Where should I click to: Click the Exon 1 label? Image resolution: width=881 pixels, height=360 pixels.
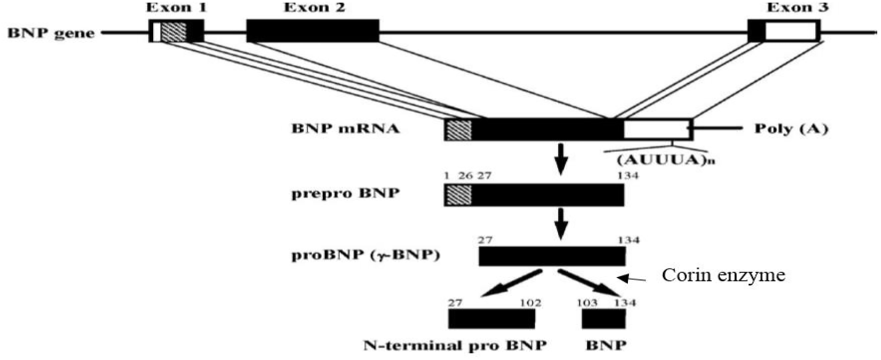[x=176, y=7]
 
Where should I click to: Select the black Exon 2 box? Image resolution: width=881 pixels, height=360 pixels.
[x=313, y=31]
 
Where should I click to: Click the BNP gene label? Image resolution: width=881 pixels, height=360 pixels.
[x=51, y=33]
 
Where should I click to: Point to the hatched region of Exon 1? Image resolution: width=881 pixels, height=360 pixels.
[x=174, y=31]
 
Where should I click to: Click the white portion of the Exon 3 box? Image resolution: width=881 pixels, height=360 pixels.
[x=791, y=31]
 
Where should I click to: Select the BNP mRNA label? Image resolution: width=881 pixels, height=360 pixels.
[x=345, y=129]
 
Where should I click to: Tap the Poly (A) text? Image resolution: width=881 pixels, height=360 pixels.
[x=791, y=129]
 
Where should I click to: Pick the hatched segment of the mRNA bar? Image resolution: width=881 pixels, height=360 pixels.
[x=458, y=130]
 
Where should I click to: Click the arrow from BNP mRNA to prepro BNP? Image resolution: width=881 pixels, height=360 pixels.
[x=560, y=158]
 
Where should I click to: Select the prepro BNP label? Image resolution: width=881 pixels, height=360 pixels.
[x=345, y=193]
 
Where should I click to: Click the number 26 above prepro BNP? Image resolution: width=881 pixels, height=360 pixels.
[x=465, y=176]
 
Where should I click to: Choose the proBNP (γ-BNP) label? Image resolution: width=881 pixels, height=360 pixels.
[x=366, y=255]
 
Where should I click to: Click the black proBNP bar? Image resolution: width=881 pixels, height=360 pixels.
[x=551, y=256]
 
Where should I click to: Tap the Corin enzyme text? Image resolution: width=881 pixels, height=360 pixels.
[x=723, y=275]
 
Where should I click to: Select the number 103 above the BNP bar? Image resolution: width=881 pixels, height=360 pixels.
[x=587, y=303]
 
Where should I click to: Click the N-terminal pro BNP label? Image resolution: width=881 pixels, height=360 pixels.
[x=455, y=346]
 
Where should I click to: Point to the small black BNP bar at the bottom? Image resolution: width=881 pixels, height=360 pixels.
[x=603, y=319]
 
